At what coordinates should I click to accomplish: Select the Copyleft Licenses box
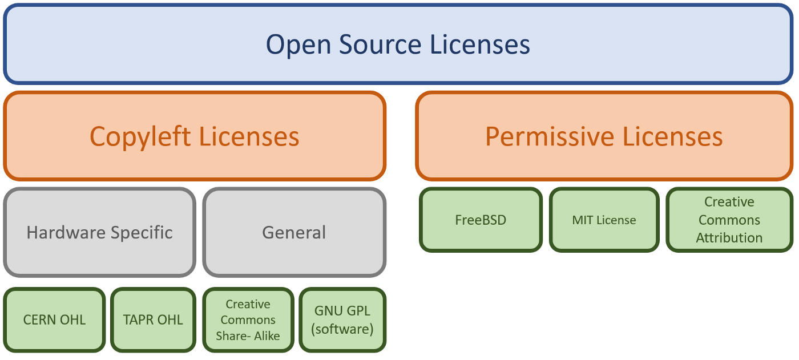(195, 136)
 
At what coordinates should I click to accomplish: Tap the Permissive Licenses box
(604, 136)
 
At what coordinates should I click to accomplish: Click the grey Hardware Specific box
(100, 232)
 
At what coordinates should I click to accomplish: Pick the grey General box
(294, 232)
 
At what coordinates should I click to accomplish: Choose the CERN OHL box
(55, 319)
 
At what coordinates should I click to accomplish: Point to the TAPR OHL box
(153, 319)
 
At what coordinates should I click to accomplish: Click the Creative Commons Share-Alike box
(248, 319)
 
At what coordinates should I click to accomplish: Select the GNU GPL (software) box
(342, 319)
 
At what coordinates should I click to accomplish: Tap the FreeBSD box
(481, 220)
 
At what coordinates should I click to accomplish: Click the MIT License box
(604, 220)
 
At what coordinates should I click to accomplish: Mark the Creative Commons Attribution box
(729, 220)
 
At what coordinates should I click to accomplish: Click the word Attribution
(729, 238)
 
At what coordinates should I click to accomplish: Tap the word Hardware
(66, 232)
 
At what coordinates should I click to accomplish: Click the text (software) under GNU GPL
(342, 329)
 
